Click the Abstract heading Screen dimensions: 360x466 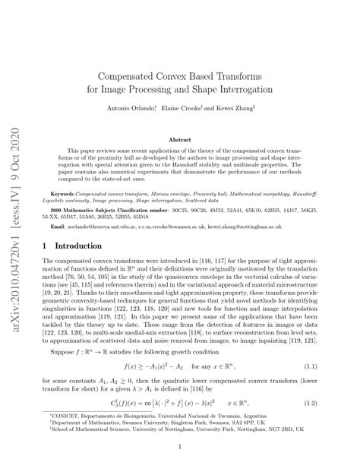point(179,140)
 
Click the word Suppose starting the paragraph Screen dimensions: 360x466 point(72,353)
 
